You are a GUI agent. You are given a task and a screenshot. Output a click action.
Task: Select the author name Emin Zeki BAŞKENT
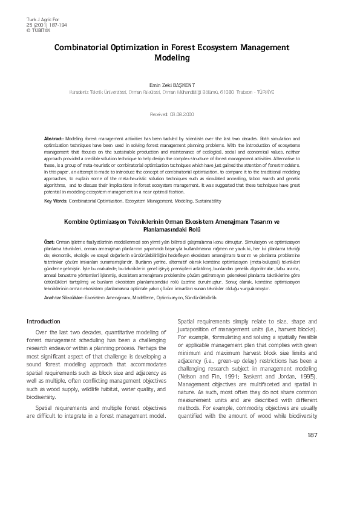pyautogui.click(x=180, y=85)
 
